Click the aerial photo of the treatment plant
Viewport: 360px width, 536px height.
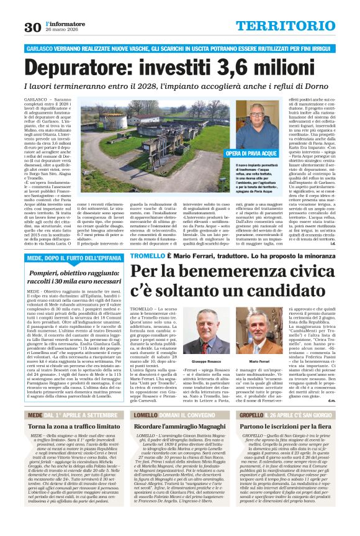142,141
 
